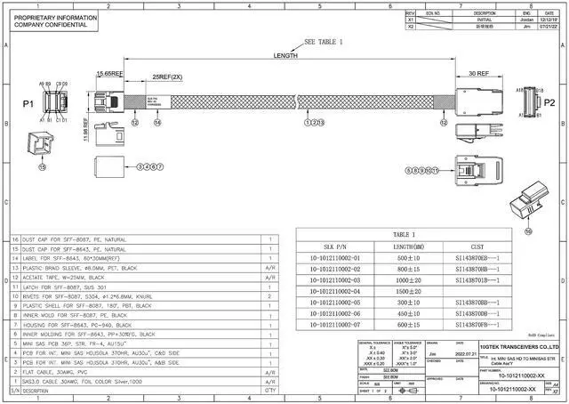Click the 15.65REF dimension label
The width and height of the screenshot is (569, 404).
point(108,74)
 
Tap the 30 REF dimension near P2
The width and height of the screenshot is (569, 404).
point(479,74)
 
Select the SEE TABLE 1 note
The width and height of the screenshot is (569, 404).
point(323,42)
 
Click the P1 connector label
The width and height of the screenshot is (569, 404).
point(28,103)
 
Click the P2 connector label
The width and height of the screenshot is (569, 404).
point(549,103)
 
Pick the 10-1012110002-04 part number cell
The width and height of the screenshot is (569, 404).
point(335,291)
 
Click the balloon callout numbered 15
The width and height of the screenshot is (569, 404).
point(41,166)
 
